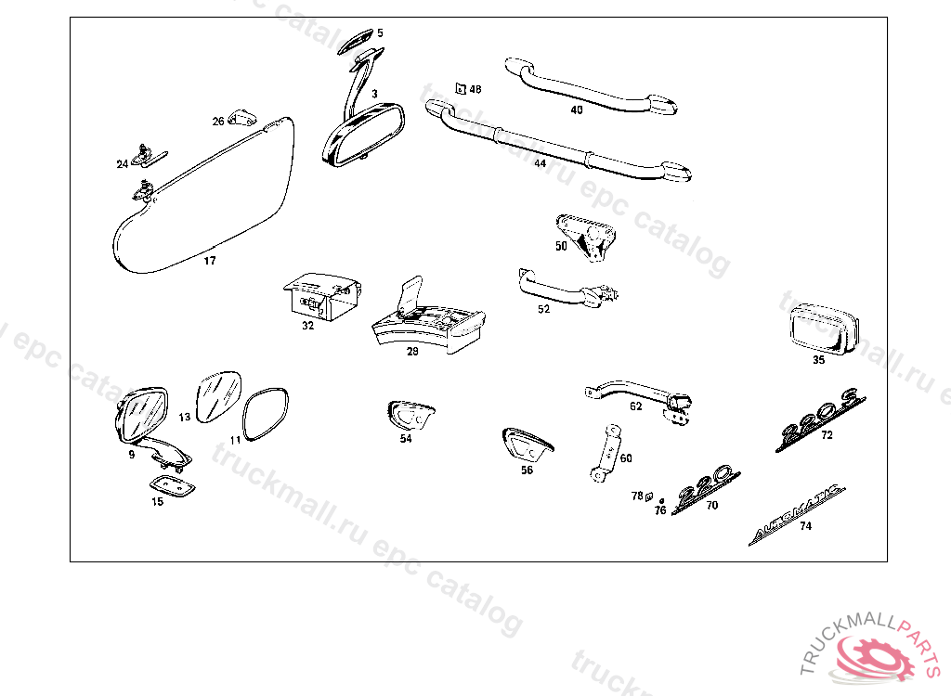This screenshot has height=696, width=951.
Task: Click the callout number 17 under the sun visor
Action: pyautogui.click(x=210, y=261)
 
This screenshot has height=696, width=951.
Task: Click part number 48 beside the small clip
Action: pyautogui.click(x=475, y=89)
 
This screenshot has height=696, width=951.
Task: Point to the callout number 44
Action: pyautogui.click(x=540, y=163)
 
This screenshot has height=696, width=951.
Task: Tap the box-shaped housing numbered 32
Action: pyautogui.click(x=319, y=296)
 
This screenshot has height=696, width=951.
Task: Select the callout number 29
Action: pyautogui.click(x=412, y=352)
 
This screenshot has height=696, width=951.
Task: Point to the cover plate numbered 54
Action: pyautogui.click(x=410, y=415)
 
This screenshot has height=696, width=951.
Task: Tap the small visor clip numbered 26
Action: pyautogui.click(x=244, y=118)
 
